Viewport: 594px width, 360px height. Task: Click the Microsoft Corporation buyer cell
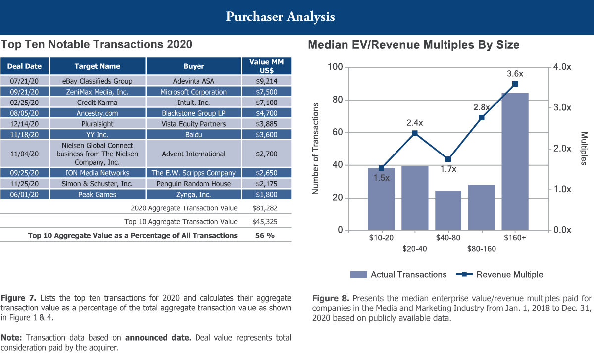point(194,92)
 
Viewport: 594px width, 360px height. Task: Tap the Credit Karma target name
point(98,103)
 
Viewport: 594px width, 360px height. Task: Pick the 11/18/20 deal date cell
point(25,134)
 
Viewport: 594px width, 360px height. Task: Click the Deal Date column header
point(25,66)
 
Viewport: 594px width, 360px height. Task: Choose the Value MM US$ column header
point(266,66)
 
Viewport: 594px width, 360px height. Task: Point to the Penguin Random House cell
point(194,184)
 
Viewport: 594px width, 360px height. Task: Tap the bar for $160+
point(515,161)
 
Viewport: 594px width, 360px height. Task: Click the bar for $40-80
point(448,210)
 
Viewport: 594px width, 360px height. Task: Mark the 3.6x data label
point(515,74)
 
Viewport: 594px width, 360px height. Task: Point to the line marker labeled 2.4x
point(415,133)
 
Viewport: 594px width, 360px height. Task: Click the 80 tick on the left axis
point(337,100)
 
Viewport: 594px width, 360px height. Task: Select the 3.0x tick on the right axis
point(562,108)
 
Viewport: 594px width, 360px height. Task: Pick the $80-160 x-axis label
point(481,249)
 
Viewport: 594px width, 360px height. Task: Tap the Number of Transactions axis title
point(316,149)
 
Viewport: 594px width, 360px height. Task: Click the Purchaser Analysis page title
point(280,17)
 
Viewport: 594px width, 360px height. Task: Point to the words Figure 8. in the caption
point(331,298)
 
